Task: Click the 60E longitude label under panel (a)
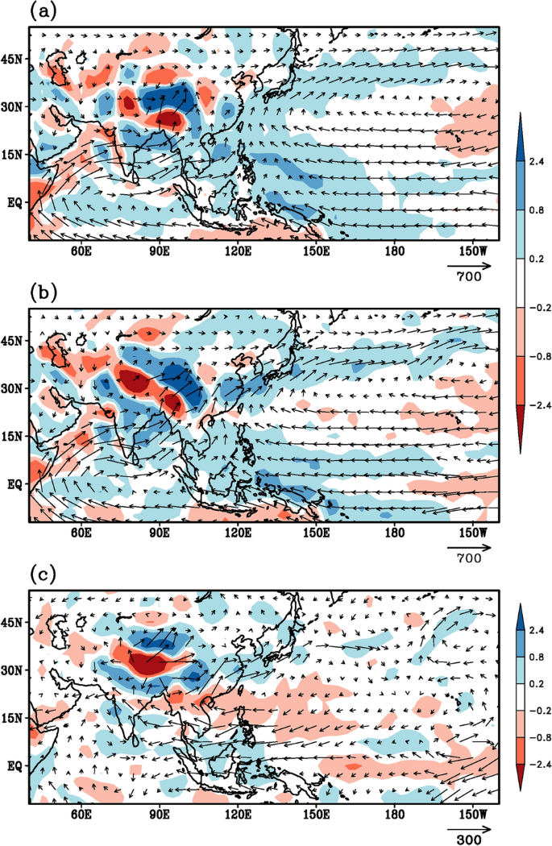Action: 81,251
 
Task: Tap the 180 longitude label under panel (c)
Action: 395,815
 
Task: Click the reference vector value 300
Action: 467,839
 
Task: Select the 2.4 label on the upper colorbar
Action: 535,161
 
